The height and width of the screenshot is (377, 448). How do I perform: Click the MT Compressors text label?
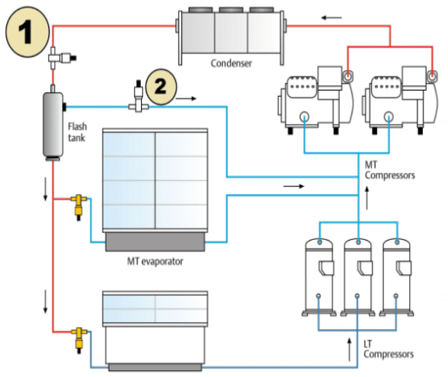click(389, 170)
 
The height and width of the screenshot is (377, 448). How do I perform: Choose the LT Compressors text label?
click(389, 350)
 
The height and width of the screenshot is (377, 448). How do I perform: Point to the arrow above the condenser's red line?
click(327, 16)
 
